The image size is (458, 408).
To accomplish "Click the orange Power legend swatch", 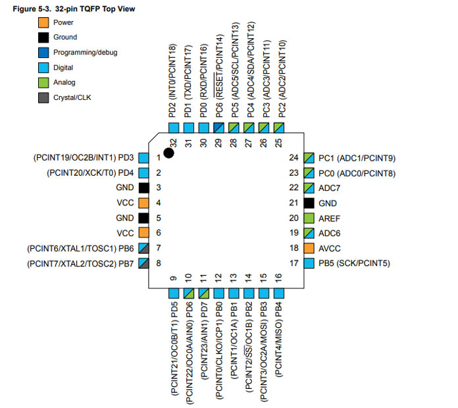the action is coord(43,22).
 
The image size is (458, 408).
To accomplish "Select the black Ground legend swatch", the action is coord(43,38).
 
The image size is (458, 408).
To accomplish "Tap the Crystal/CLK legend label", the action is coord(72,97).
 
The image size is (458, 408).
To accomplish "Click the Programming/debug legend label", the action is coord(86,53).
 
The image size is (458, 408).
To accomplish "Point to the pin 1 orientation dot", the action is coord(169,153).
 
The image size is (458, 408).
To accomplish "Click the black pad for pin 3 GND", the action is coord(143,188).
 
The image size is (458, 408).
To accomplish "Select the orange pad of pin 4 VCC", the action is coord(143,203).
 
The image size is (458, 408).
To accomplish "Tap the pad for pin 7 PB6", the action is coord(143,248).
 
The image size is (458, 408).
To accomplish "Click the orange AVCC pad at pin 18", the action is coord(309,248).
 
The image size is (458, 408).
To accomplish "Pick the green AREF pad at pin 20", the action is coord(309,218).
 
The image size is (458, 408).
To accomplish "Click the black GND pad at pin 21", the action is coord(309,203).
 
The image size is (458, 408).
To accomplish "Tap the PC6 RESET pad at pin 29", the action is coord(218,128).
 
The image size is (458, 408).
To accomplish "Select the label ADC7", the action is coord(330,188).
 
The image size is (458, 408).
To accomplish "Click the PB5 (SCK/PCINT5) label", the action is coord(354,263).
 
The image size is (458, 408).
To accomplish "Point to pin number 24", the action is coord(294,158).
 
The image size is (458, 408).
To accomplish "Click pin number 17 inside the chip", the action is coord(294,263).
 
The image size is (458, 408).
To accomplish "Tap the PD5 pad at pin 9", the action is coord(174,293).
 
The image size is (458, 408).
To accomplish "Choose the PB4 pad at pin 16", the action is coord(279,293).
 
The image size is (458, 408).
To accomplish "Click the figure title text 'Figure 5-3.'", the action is coord(32,9).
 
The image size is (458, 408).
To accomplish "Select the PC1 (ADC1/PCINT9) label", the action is coord(357,159).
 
